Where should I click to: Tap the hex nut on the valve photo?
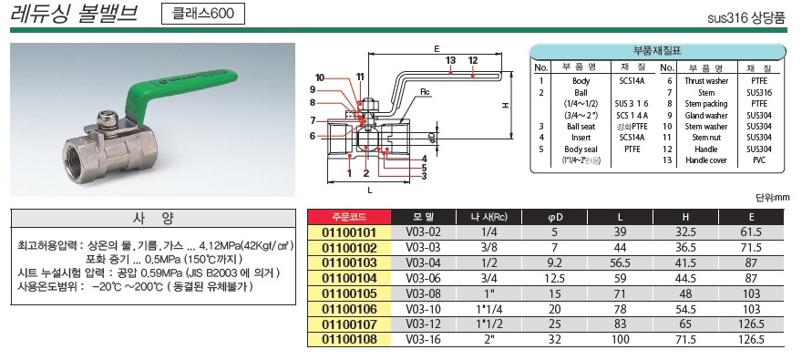(x=108, y=120)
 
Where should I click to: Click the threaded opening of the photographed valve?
(x=80, y=162)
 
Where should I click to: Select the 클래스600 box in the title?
(x=203, y=14)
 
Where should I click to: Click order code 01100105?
(x=349, y=294)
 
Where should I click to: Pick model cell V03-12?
(x=423, y=324)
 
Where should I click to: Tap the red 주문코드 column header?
(x=349, y=217)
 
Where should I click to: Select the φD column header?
(x=554, y=217)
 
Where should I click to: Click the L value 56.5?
(x=620, y=263)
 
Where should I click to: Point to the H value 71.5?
(x=685, y=340)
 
